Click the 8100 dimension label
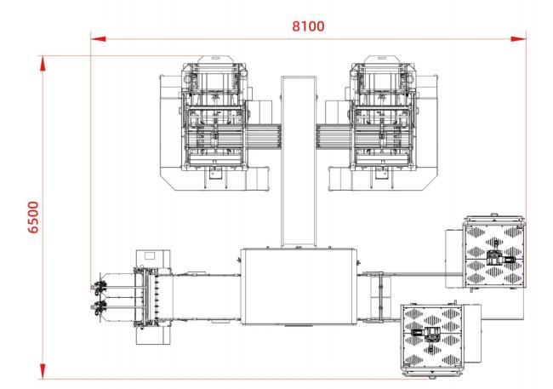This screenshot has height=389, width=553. pyautogui.click(x=308, y=26)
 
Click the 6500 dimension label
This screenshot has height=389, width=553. pyautogui.click(x=33, y=217)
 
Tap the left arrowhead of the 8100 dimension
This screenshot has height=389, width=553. pyautogui.click(x=98, y=39)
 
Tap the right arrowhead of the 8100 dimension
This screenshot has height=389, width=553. pyautogui.click(x=518, y=39)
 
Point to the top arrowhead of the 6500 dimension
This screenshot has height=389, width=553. pyautogui.click(x=43, y=64)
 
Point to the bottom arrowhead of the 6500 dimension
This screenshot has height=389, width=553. pyautogui.click(x=43, y=371)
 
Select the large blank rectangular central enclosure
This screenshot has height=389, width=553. pyautogui.click(x=299, y=286)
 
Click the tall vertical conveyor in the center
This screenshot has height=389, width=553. pyautogui.click(x=299, y=162)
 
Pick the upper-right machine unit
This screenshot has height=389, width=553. pyautogui.click(x=383, y=123)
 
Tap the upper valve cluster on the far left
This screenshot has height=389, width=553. pyautogui.click(x=99, y=286)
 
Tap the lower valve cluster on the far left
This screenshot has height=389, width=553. pyautogui.click(x=99, y=307)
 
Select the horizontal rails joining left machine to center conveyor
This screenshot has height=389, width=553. pyautogui.click(x=263, y=136)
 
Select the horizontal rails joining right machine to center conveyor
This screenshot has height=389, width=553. pyautogui.click(x=334, y=136)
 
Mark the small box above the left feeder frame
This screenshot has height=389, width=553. pyautogui.click(x=153, y=259)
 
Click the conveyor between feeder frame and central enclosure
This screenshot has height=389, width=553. pyautogui.click(x=207, y=297)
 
